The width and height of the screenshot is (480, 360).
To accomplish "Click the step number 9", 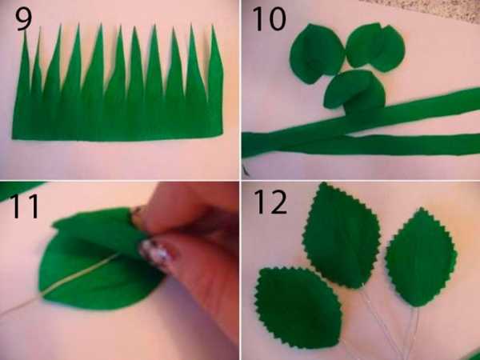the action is coord(23,18).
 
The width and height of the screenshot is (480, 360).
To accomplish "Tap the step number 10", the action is coord(270,19).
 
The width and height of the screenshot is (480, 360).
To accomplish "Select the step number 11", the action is coord(25,206).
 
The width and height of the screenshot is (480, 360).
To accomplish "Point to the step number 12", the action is coord(270,202).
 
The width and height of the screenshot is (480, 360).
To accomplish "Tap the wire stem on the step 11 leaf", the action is coord(62,283).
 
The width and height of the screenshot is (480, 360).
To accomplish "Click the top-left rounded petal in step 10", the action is coord(317,54).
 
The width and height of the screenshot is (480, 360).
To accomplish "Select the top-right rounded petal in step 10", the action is coord(376,46).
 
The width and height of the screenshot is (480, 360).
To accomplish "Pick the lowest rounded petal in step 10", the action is coord(354,90).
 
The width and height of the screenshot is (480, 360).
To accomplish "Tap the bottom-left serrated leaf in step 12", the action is coord(298,307).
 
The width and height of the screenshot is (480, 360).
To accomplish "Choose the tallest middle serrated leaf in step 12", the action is coord(342,236).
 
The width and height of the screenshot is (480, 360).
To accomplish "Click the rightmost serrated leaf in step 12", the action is coord(422,257).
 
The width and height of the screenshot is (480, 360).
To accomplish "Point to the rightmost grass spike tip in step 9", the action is coord(213,26).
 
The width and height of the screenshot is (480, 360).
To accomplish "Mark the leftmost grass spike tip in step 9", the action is coord(25,30).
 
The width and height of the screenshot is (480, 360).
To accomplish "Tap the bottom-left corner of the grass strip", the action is coord(13,138).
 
